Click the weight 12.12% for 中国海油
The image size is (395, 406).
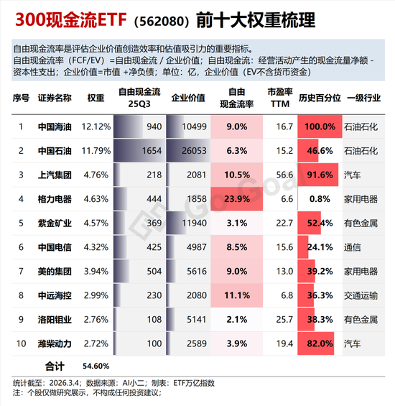click(x=96, y=127)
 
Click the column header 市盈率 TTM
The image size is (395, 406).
click(x=279, y=98)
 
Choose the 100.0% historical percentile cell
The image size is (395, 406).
click(x=319, y=127)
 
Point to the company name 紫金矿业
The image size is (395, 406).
click(x=55, y=223)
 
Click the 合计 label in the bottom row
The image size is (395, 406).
click(x=55, y=365)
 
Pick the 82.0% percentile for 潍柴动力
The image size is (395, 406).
click(x=319, y=343)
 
